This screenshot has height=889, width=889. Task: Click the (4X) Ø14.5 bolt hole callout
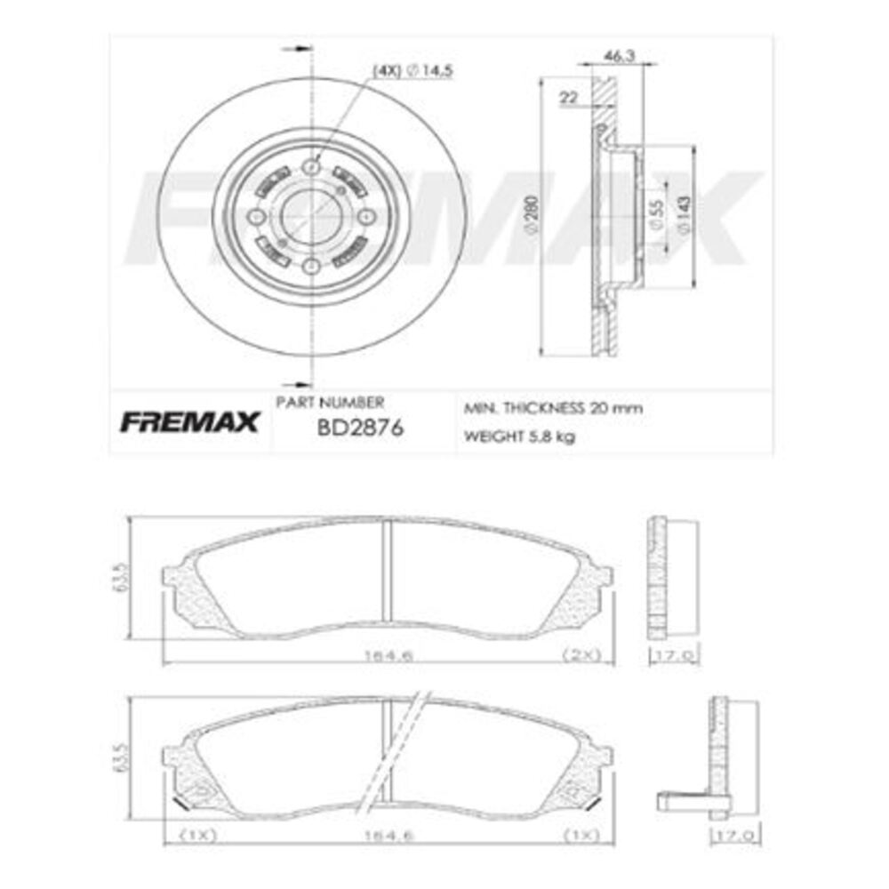412,72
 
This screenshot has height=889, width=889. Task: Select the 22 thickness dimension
568,99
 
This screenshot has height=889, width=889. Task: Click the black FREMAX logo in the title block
188,421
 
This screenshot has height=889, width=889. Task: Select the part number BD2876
360,428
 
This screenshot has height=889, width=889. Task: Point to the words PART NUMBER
330,402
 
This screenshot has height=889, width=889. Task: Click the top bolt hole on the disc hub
310,166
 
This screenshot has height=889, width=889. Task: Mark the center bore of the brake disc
310,217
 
